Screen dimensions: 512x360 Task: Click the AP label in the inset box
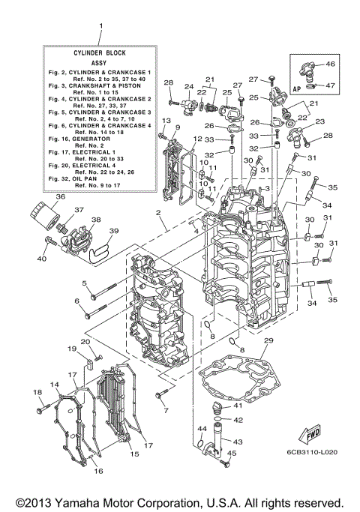297,87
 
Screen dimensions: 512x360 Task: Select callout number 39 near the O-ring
114,231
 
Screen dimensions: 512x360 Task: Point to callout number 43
238,442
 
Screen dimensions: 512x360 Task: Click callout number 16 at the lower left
97,471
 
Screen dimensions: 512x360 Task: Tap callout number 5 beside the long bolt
85,283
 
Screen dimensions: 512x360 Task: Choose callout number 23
320,121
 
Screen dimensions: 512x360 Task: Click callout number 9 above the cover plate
177,127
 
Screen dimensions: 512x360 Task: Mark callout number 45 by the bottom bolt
232,454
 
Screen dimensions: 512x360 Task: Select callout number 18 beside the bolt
37,393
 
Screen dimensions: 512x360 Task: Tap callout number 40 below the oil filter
43,259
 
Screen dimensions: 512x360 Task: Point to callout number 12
197,139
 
